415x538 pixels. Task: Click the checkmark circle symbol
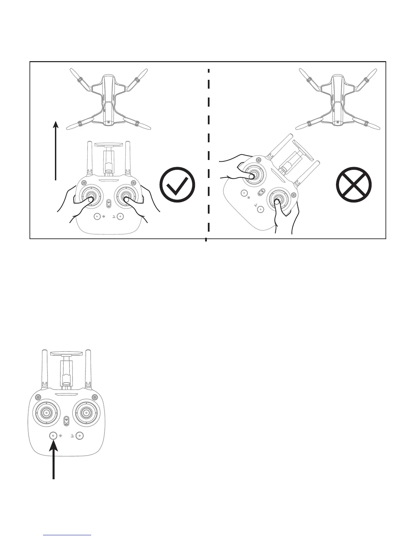177,185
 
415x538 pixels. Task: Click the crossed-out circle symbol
354,185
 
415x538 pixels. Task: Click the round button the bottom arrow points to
53,435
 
